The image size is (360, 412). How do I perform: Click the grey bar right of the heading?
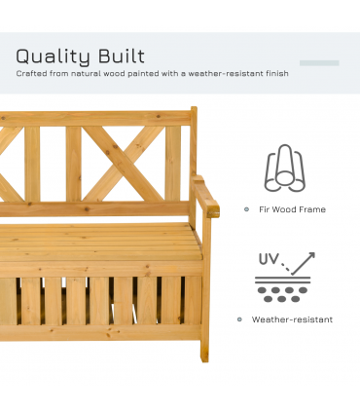319,63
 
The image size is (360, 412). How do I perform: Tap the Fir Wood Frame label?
291,209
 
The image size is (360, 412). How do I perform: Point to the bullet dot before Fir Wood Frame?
246,209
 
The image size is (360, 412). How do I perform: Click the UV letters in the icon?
270,260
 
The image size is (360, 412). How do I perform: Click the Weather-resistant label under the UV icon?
292,319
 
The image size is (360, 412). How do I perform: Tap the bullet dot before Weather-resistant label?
239,319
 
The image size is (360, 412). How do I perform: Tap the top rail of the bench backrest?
97,118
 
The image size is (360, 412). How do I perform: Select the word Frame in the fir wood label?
312,209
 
